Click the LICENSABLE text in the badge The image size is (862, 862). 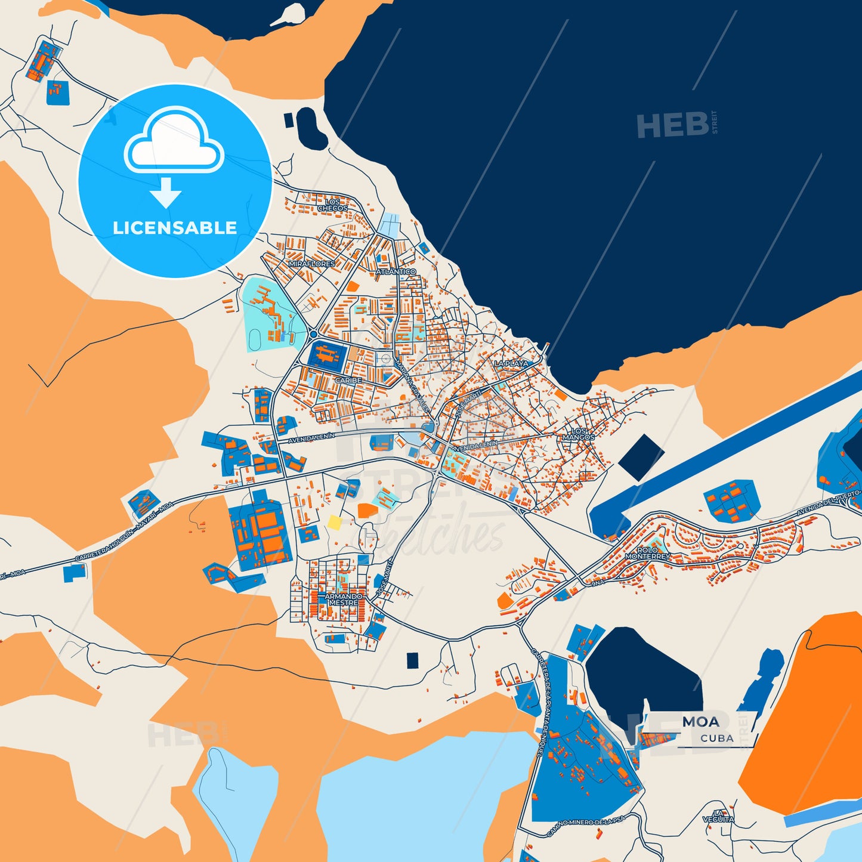tap(175, 228)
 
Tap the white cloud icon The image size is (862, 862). tap(174, 141)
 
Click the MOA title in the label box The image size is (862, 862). tap(701, 722)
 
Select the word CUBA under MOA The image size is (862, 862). tap(716, 738)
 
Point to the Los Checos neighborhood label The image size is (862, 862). tap(332, 205)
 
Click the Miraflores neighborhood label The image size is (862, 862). tap(311, 263)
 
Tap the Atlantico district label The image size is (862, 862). tap(396, 271)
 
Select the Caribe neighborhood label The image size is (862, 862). tap(348, 380)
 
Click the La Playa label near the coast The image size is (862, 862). tap(511, 363)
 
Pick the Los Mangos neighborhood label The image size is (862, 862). tap(579, 434)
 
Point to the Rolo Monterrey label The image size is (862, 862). tap(648, 553)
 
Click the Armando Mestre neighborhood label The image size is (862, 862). tap(344, 600)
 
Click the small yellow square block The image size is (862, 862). tap(335, 523)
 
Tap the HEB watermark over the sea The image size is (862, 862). tap(673, 125)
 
